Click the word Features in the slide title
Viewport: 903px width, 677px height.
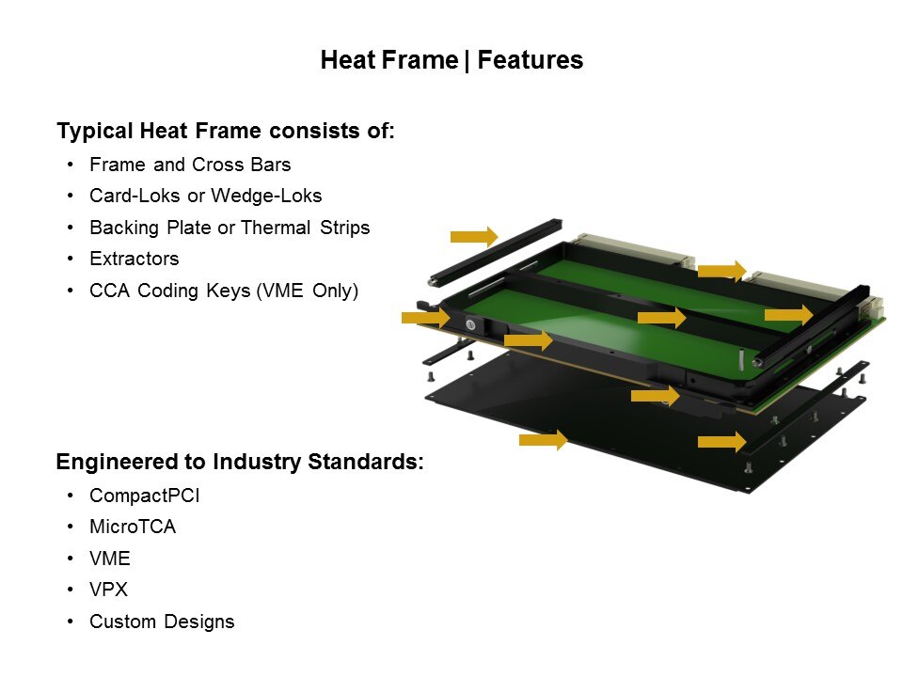530,60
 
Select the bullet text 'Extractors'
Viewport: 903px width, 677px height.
135,260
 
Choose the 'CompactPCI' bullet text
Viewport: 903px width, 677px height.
145,496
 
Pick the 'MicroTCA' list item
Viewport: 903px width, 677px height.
133,527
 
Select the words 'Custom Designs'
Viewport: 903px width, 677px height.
162,622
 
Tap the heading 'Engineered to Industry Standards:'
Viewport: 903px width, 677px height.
240,462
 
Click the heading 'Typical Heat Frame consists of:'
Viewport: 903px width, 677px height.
226,131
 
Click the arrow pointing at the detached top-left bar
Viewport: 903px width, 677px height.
474,236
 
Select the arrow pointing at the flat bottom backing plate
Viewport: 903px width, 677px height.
543,440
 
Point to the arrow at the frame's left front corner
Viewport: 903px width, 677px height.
425,317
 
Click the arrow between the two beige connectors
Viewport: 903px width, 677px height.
721,271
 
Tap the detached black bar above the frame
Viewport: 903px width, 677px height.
496,252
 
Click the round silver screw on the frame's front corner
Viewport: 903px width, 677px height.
470,325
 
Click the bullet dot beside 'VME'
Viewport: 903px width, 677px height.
71,558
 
